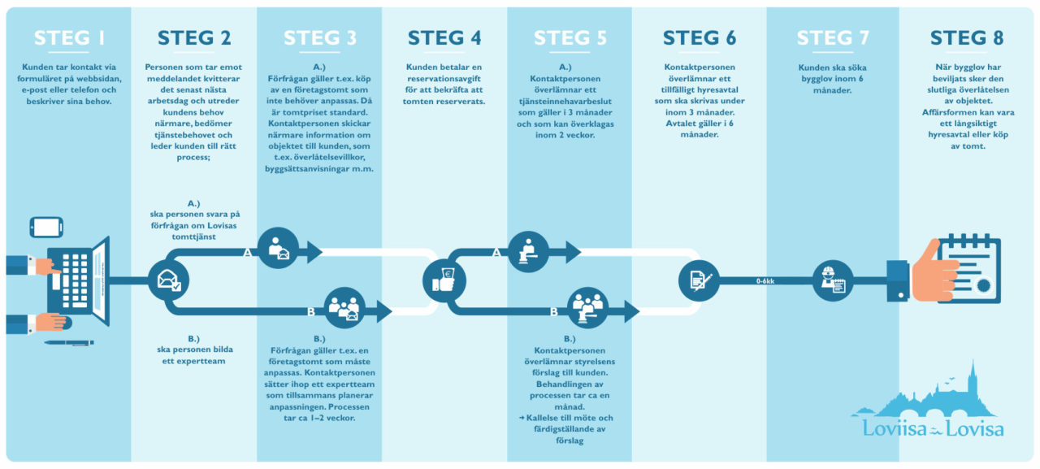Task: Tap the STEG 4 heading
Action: click(444, 38)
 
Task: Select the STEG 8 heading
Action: click(966, 38)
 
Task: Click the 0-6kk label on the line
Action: click(765, 281)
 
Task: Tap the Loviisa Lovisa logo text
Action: click(933, 430)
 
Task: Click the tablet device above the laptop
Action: click(45, 226)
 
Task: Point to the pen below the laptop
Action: click(69, 342)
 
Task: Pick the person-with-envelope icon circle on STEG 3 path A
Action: click(278, 247)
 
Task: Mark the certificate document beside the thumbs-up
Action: click(972, 268)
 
